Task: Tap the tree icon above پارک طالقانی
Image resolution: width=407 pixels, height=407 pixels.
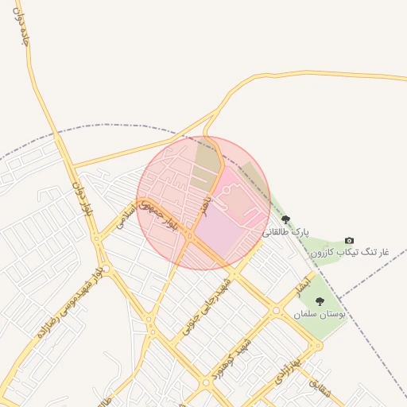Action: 286,220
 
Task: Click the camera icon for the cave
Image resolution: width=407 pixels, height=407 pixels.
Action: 349,241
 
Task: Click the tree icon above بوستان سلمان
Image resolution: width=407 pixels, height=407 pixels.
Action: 320,301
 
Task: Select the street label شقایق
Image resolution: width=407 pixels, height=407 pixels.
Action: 318,389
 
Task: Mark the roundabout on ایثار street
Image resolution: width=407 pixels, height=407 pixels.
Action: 276,310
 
